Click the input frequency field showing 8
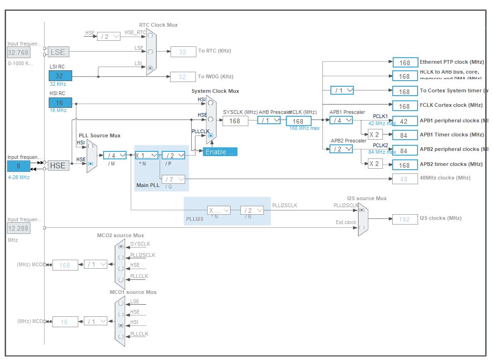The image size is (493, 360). tap(18, 165)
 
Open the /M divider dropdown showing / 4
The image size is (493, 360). tap(114, 155)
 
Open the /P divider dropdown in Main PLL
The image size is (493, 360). tap(173, 155)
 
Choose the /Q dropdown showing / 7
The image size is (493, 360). tap(173, 179)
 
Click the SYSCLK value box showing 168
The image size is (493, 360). tap(235, 121)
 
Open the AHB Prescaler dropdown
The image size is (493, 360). tap(269, 120)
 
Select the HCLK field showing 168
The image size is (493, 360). tap(298, 121)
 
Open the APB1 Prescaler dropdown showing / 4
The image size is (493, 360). tap(341, 120)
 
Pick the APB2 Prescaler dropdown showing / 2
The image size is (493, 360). tap(341, 149)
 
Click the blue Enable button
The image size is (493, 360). tap(220, 152)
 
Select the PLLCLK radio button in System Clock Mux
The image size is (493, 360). tap(210, 136)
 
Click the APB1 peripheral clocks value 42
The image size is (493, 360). tap(404, 120)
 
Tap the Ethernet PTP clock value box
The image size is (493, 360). tap(404, 62)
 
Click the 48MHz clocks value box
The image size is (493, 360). tap(404, 179)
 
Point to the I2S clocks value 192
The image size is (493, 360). tap(404, 219)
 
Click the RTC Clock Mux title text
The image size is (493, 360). tap(158, 25)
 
